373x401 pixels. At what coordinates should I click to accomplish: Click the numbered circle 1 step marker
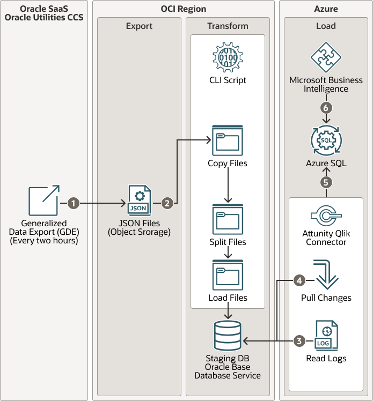(74, 203)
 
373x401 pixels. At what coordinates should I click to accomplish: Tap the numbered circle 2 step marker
(167, 203)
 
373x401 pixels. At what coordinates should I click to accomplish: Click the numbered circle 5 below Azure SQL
(326, 182)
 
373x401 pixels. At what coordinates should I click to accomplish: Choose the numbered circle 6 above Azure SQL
(326, 107)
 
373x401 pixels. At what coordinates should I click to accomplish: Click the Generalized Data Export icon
(43, 202)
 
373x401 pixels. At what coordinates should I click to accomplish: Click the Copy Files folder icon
(228, 140)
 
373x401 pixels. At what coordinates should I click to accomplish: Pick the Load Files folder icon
(228, 275)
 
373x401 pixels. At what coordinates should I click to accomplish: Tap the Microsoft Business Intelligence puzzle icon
(326, 58)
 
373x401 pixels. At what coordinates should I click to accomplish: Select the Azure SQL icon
(326, 140)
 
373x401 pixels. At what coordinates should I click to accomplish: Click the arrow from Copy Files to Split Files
(228, 184)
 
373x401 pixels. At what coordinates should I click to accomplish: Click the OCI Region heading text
(183, 9)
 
